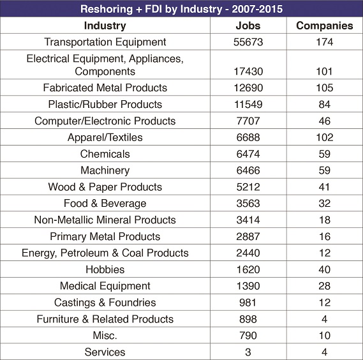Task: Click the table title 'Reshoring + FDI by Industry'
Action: click(x=151, y=9)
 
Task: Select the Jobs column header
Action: click(x=248, y=26)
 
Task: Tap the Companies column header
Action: click(x=325, y=26)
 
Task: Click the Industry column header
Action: click(x=105, y=26)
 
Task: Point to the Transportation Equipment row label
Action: click(x=105, y=42)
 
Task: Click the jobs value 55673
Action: click(x=248, y=42)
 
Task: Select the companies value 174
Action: click(x=325, y=42)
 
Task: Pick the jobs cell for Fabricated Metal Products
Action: click(x=248, y=88)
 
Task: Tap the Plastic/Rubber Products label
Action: click(x=105, y=104)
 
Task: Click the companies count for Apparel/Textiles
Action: click(x=325, y=137)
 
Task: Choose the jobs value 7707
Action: click(x=248, y=121)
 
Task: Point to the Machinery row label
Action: click(x=105, y=170)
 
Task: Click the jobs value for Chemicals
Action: click(x=248, y=154)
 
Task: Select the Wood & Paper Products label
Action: click(x=105, y=187)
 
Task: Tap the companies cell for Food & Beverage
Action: click(x=325, y=204)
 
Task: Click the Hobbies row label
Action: click(x=105, y=269)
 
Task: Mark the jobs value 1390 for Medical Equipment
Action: click(x=248, y=286)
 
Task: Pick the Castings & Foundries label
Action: click(x=105, y=303)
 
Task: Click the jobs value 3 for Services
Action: click(x=248, y=352)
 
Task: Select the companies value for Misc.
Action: click(x=325, y=336)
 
